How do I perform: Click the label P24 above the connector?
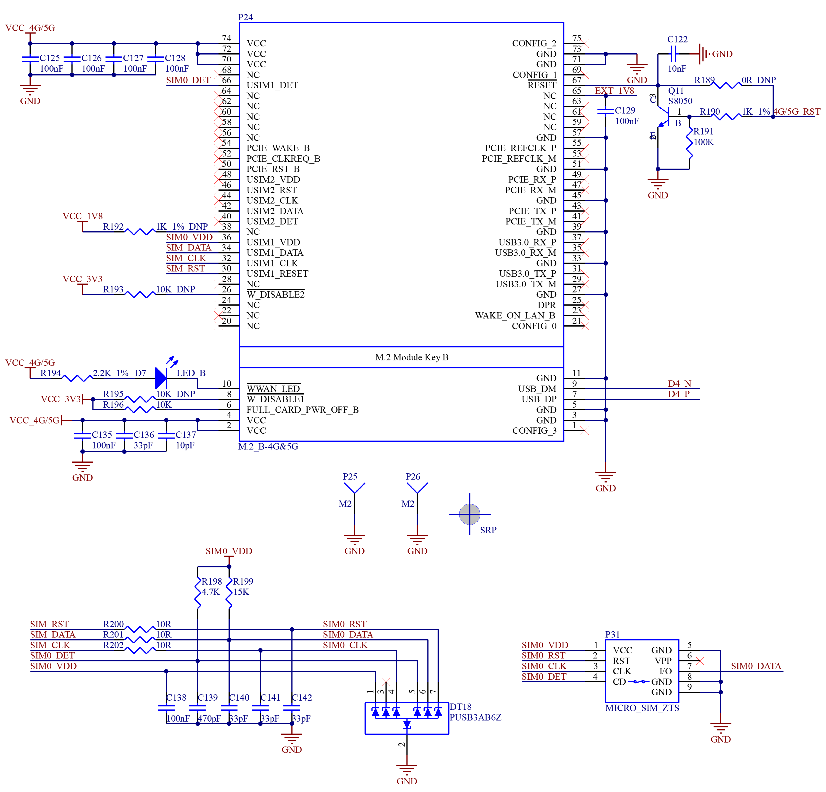click(246, 17)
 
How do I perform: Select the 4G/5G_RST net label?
click(796, 112)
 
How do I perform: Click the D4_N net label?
click(679, 383)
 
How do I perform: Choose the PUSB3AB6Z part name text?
click(475, 717)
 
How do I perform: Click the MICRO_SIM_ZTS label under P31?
click(642, 708)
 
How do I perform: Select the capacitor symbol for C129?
click(606, 111)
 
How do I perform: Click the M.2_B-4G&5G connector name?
click(268, 447)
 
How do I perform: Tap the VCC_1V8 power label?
click(83, 216)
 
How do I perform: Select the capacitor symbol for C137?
click(166, 436)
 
